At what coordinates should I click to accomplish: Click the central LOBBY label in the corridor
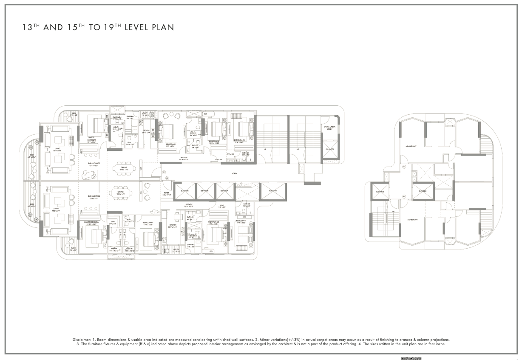(x=234, y=174)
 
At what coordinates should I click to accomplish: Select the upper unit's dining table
(x=124, y=168)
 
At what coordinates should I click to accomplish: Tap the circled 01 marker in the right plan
(x=404, y=167)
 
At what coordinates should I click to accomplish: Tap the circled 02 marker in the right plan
(x=404, y=196)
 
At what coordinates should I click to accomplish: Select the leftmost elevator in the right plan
(x=380, y=191)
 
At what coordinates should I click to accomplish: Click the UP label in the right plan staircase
(x=393, y=211)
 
